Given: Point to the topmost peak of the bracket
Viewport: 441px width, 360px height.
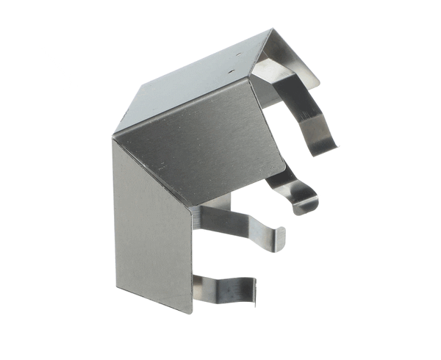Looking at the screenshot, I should [x=273, y=29].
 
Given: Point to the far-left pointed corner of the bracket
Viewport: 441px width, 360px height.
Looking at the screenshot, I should [x=112, y=137].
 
